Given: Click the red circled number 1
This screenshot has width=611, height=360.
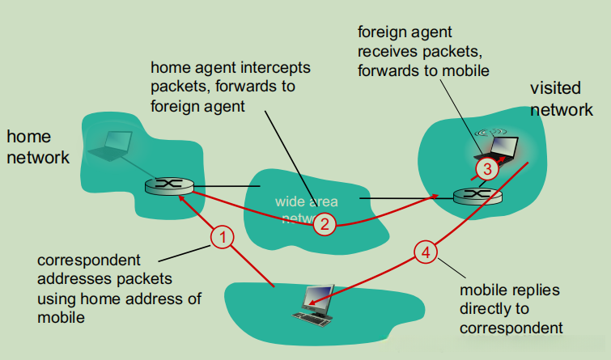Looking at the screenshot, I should click(x=223, y=237).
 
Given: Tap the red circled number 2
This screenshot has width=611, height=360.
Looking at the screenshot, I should click(x=324, y=223).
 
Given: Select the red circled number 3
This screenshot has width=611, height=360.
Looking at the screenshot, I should click(x=486, y=169).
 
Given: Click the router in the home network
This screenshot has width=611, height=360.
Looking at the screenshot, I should click(x=169, y=185).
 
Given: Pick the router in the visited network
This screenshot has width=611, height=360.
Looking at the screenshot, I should click(x=477, y=195).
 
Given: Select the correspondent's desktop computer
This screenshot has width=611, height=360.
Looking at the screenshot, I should click(x=316, y=302).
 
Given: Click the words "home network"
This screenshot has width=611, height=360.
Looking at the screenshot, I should click(x=38, y=146).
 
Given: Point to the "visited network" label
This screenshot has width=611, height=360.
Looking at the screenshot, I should click(x=561, y=99).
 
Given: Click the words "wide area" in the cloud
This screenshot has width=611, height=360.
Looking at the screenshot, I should click(x=307, y=201).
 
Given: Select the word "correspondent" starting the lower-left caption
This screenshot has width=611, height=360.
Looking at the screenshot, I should click(x=89, y=260).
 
